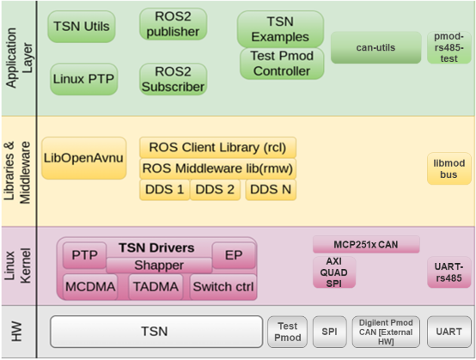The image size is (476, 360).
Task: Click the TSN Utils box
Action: pos(82,27)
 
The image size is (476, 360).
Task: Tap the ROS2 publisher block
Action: pos(173,25)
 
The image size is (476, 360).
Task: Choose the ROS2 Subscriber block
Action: pos(173,78)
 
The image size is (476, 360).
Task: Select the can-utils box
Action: pos(375,47)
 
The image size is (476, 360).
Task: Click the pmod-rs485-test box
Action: pos(449,47)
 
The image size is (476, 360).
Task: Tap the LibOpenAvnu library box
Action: pos(83,158)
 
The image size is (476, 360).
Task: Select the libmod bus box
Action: pos(449,168)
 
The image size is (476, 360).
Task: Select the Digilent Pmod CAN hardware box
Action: pos(386,331)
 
